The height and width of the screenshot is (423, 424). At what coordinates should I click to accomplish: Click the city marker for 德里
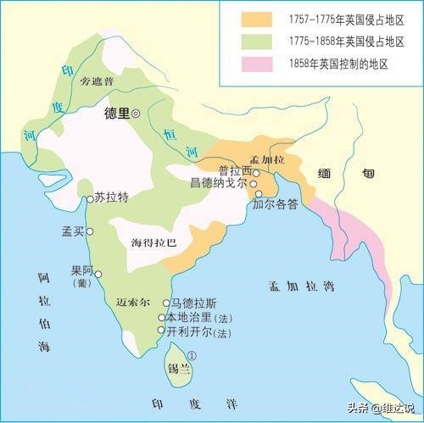click(x=136, y=112)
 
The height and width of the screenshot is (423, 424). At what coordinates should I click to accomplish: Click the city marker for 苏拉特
click(x=89, y=199)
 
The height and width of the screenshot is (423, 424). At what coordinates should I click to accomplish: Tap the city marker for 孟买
click(x=89, y=231)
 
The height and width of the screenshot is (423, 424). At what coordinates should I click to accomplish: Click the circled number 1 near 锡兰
click(x=192, y=357)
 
